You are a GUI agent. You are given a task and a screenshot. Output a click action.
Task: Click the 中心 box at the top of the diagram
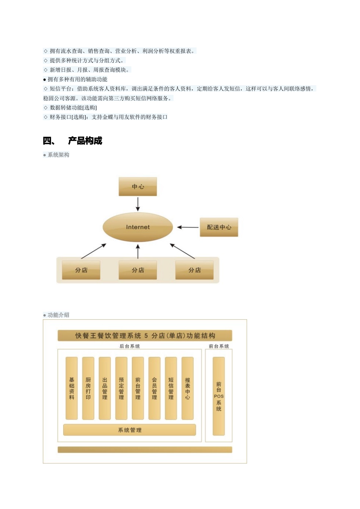[138, 186]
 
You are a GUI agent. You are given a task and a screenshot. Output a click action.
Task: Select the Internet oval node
[138, 227]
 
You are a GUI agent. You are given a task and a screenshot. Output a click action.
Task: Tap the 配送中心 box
[219, 227]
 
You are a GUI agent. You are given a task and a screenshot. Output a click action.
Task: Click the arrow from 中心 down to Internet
[138, 204]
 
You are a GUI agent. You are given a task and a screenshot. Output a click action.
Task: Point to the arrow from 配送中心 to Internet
[188, 227]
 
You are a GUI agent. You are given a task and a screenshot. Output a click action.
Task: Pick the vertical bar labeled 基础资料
[72, 388]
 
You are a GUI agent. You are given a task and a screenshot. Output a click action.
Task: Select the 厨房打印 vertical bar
[88, 388]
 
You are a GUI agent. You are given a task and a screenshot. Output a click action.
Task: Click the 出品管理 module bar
[105, 388]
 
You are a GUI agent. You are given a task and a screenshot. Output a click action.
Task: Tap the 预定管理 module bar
[121, 388]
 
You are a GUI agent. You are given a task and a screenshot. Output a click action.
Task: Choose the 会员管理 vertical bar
[154, 388]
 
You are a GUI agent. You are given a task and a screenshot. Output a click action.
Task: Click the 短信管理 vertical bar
[171, 388]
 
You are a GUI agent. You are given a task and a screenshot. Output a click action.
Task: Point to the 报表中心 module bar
[188, 388]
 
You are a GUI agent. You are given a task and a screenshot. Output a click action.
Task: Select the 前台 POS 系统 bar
[219, 396]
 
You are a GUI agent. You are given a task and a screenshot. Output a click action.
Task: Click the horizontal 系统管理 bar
[130, 430]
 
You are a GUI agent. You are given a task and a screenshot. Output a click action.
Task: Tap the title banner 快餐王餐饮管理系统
[145, 336]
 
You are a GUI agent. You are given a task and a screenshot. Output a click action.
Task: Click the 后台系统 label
[130, 346]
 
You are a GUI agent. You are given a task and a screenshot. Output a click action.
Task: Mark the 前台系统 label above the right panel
[219, 346]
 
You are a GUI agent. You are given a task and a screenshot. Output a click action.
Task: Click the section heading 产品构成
[85, 141]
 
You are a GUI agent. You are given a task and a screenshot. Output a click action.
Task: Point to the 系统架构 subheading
[58, 155]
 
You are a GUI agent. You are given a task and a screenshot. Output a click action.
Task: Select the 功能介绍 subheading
[58, 315]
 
